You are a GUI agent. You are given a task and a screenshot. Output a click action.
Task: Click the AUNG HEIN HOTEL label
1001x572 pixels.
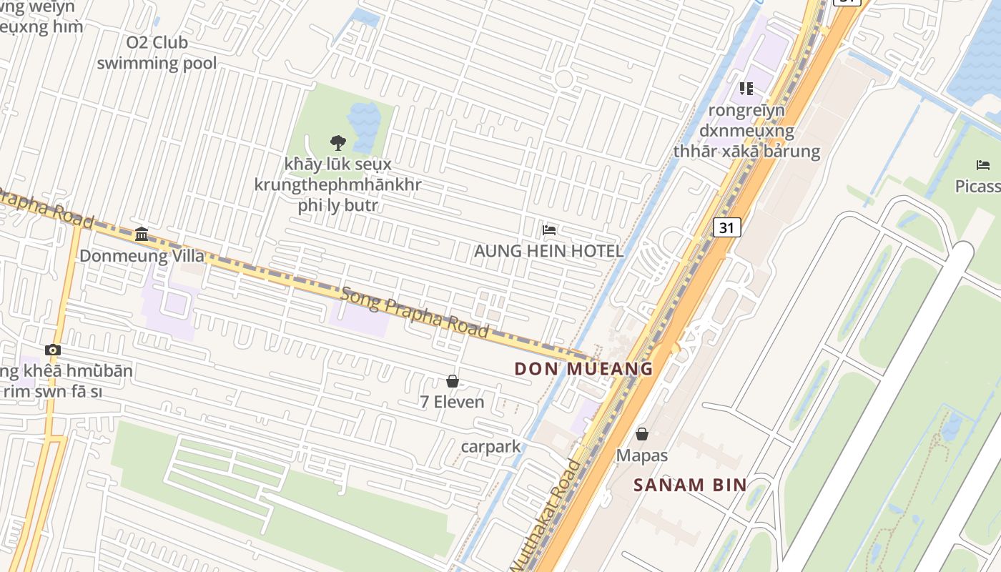coord(548,252)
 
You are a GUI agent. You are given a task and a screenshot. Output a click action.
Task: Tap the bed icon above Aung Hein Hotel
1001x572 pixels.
coord(549,230)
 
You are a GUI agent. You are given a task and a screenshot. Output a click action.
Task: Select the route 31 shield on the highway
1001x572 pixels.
coord(726,228)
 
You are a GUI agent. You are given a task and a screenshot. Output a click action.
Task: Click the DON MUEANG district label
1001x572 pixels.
coord(584,369)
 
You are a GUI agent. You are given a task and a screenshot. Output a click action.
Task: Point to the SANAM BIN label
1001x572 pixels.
coord(690,485)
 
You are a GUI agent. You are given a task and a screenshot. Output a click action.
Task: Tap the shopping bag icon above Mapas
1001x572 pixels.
coord(642,434)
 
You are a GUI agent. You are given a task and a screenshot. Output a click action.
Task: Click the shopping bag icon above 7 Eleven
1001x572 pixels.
coord(452,381)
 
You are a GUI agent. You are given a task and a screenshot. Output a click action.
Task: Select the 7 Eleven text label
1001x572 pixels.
coord(452,402)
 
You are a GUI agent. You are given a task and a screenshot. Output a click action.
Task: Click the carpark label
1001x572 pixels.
coord(490,447)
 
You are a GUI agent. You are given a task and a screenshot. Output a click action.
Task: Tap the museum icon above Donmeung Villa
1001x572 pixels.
coord(142,235)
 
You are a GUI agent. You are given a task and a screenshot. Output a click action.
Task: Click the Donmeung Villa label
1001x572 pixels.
coord(142,256)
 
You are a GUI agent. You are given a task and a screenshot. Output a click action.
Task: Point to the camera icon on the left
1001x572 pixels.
coord(52,350)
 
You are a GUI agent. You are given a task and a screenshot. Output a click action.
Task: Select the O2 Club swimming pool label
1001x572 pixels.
coord(157,53)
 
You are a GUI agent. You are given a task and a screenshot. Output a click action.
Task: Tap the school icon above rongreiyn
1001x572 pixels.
coord(746,89)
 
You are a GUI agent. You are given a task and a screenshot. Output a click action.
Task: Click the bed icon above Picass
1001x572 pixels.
coord(983,165)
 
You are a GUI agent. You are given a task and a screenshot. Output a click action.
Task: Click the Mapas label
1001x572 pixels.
coord(642,455)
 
